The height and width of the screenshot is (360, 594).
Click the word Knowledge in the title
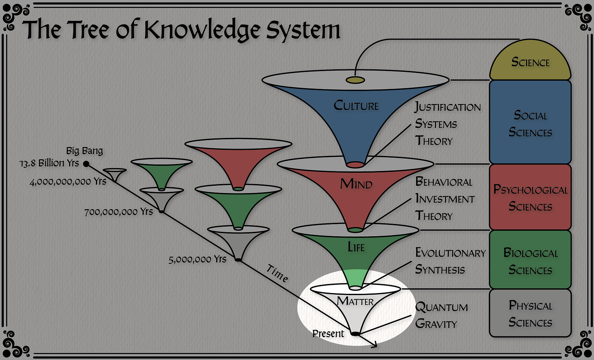(x=203, y=30)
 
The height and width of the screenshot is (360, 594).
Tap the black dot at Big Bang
(x=86, y=164)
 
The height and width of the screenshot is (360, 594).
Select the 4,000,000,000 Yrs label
(x=68, y=182)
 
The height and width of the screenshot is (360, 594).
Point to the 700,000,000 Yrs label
(x=118, y=212)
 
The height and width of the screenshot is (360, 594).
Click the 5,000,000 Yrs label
(x=197, y=259)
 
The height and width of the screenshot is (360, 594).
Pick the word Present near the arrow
(x=328, y=333)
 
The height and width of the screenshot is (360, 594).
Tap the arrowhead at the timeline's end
(x=373, y=345)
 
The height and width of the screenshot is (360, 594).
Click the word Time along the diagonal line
(x=277, y=273)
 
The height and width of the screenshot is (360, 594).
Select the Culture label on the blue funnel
(x=356, y=106)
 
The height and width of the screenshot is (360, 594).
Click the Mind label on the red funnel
(x=356, y=184)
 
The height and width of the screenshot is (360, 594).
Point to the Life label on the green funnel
(x=356, y=247)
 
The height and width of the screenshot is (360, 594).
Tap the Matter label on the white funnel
(x=355, y=302)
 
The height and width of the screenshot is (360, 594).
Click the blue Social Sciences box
(x=530, y=123)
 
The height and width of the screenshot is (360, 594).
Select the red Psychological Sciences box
(x=530, y=198)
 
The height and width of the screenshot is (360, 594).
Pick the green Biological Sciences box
(x=530, y=261)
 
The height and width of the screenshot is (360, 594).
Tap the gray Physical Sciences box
(x=530, y=313)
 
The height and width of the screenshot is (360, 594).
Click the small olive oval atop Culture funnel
(x=355, y=80)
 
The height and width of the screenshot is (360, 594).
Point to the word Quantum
(x=441, y=307)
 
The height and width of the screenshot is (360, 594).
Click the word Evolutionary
(x=450, y=253)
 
